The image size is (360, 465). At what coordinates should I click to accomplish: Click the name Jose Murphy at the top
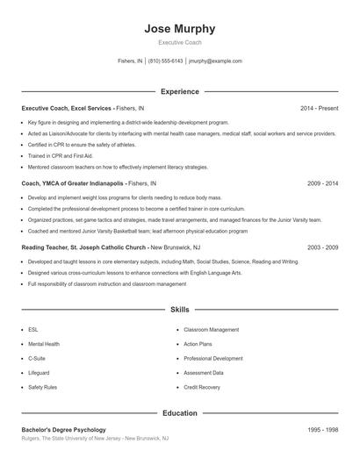point(179,29)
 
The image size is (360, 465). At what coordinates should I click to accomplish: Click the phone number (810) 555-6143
point(166,61)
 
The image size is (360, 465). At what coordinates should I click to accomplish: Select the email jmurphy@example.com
point(215,61)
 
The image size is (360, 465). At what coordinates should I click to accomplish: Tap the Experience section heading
point(179,91)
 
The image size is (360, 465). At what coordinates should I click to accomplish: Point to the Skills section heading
point(179,310)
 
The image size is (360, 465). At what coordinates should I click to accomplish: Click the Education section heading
point(179,412)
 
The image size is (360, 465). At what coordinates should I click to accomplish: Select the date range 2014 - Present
point(319,108)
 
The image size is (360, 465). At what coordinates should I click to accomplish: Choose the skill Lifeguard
point(40,372)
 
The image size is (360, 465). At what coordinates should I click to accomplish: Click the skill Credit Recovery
point(203,386)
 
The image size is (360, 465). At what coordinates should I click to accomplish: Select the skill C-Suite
point(37,358)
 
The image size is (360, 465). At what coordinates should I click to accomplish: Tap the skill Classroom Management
point(211,329)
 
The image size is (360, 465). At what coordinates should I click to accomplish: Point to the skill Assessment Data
point(204,372)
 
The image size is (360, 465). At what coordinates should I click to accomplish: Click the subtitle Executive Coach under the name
point(179,42)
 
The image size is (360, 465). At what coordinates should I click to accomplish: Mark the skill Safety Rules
point(42,386)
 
